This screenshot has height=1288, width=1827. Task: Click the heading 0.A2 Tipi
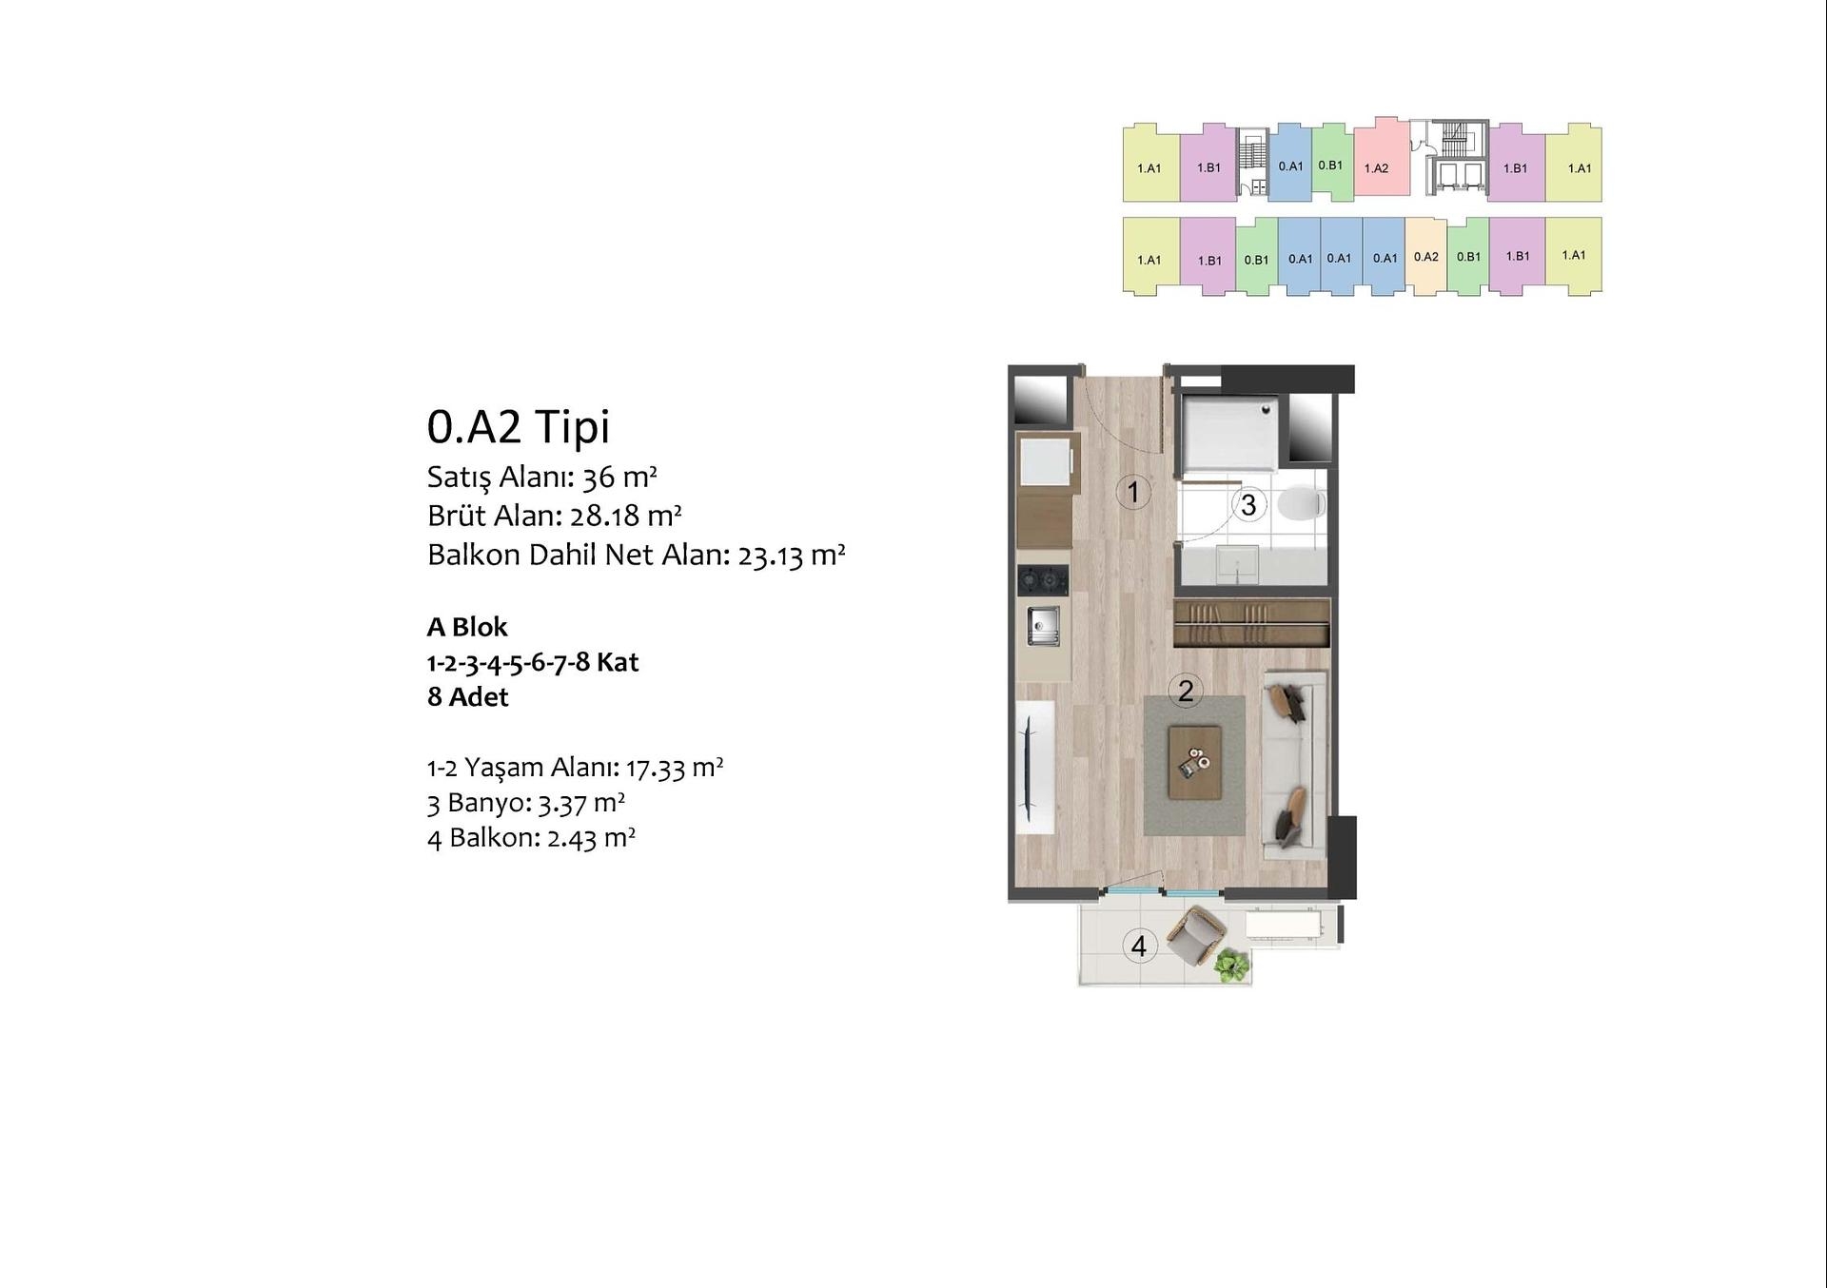[x=519, y=426]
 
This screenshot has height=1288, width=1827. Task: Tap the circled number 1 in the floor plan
[x=1133, y=492]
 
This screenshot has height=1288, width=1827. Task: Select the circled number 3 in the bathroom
[x=1248, y=504]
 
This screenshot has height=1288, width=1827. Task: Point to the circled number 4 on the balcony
[x=1139, y=946]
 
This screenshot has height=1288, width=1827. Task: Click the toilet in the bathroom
[x=1301, y=503]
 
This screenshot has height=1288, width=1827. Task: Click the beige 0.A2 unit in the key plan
[x=1425, y=256]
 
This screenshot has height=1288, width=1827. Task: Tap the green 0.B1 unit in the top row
[x=1332, y=163]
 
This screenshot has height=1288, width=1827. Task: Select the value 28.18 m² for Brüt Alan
[x=625, y=515]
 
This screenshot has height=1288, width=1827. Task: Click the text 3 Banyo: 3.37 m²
[x=526, y=803]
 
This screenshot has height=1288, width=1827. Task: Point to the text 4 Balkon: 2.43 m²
[x=532, y=838]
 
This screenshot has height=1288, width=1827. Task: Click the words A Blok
[x=467, y=627]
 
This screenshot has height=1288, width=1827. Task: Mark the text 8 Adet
[x=468, y=697]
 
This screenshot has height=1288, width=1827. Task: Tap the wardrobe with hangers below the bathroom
[x=1251, y=623]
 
